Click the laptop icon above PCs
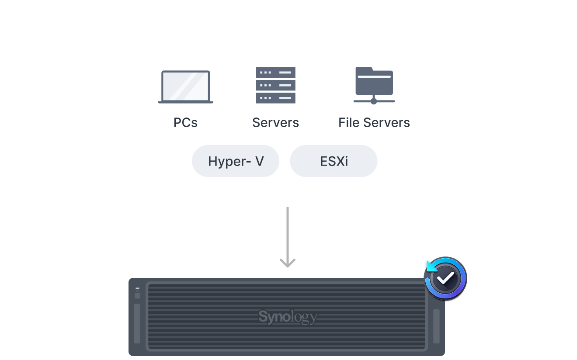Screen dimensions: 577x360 point(185,87)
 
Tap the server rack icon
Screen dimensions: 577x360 point(275,85)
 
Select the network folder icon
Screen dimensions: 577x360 point(374,86)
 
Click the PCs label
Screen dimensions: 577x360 point(185,123)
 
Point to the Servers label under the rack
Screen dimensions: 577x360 point(275,123)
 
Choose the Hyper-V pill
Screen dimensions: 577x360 point(236,161)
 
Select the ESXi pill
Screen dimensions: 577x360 point(334,161)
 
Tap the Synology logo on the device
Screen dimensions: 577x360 point(288,317)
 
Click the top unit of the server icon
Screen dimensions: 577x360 point(275,73)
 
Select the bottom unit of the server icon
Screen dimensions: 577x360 point(275,98)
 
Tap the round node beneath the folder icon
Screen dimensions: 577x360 point(374,101)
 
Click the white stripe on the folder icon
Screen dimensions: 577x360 point(374,76)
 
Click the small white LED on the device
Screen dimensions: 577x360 point(137,288)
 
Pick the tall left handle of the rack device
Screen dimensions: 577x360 point(137,324)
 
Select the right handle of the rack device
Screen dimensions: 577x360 point(436,326)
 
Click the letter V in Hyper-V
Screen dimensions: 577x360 point(260,161)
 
